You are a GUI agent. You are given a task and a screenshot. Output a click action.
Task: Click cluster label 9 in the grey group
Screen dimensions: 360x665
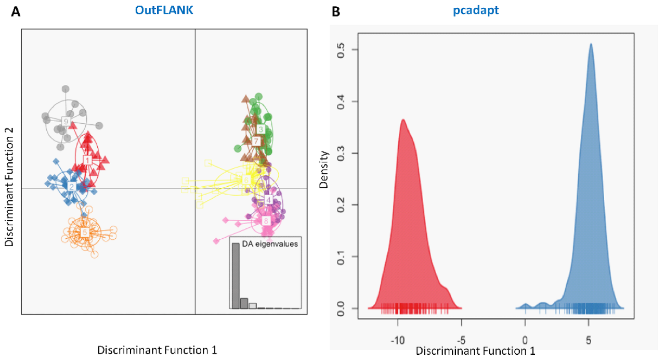pyautogui.click(x=66, y=121)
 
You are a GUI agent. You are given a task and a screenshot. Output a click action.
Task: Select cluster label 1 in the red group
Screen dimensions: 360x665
pyautogui.click(x=88, y=160)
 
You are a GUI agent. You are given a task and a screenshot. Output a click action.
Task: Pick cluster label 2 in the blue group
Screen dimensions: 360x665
pyautogui.click(x=72, y=186)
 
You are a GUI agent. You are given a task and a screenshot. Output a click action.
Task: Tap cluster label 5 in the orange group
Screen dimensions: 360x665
pyautogui.click(x=85, y=232)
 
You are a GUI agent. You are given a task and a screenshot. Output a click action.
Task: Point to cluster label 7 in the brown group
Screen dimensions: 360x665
pyautogui.click(x=256, y=141)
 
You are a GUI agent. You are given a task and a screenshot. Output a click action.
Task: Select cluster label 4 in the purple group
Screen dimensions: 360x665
pyautogui.click(x=268, y=200)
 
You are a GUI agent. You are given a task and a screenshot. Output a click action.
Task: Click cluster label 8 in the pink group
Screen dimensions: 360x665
pyautogui.click(x=266, y=221)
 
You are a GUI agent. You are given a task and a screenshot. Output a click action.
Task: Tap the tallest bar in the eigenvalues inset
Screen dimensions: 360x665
pyautogui.click(x=236, y=276)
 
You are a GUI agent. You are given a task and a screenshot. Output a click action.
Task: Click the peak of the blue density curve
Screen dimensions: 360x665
pyautogui.click(x=591, y=44)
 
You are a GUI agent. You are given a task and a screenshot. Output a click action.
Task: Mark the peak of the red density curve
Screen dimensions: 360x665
pyautogui.click(x=403, y=120)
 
